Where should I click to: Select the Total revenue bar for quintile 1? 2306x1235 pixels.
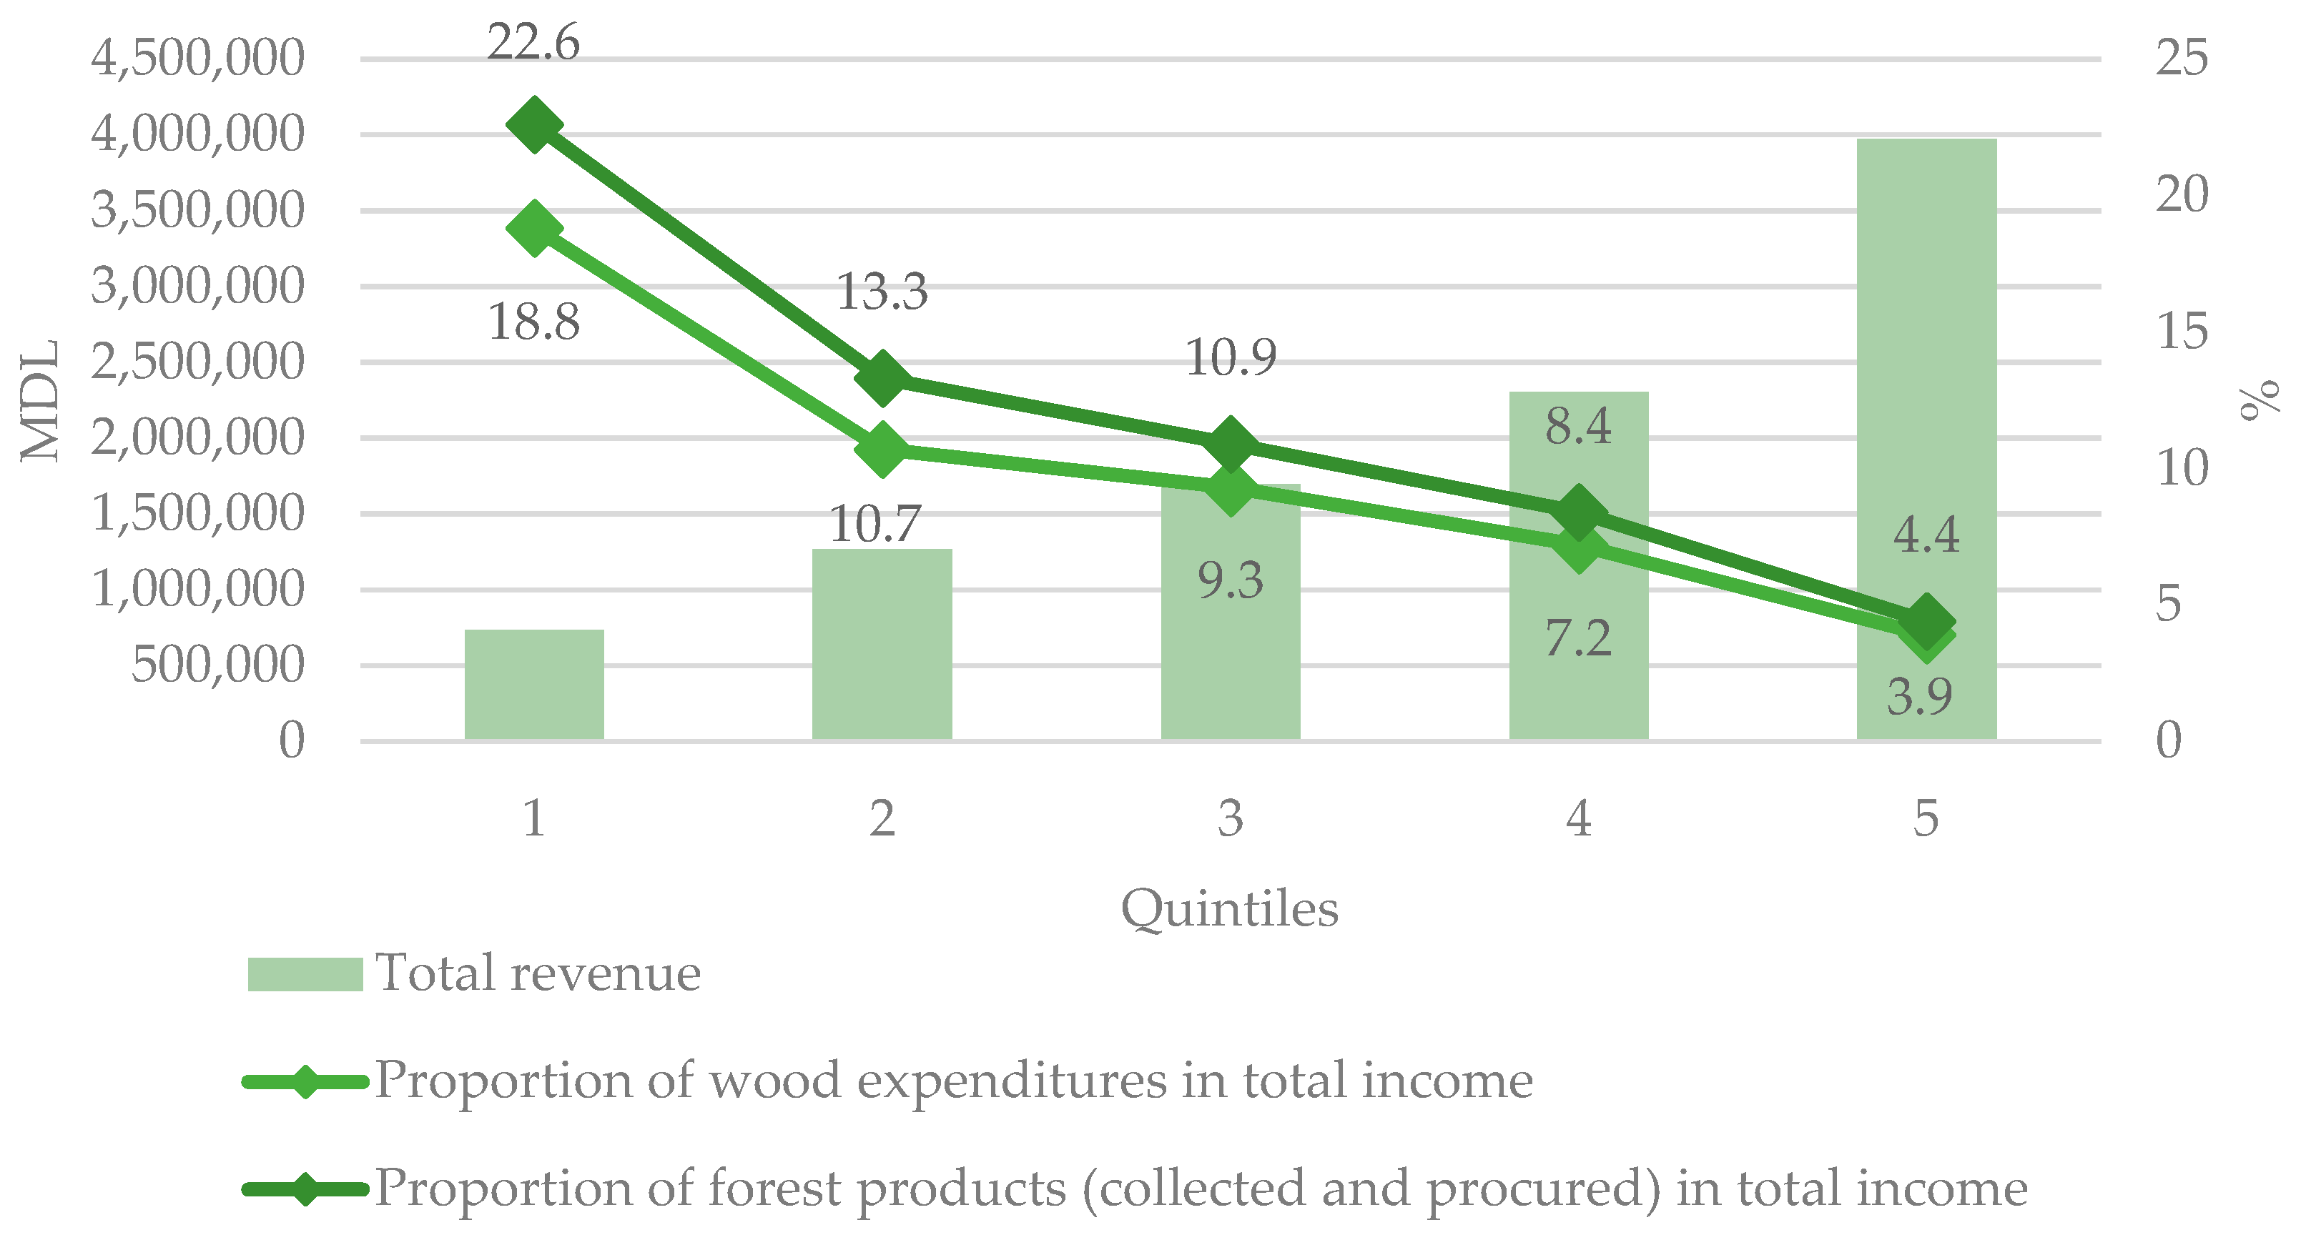(534, 685)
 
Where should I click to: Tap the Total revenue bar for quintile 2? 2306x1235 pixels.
(882, 645)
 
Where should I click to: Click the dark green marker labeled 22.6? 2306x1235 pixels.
(534, 127)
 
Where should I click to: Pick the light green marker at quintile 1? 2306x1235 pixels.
(534, 228)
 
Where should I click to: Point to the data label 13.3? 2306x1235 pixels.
(882, 291)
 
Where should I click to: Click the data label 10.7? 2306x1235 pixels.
(874, 524)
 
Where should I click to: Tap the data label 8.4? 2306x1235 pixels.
(1578, 426)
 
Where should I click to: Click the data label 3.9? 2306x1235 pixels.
(1919, 696)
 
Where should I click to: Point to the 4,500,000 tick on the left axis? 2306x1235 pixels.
(198, 59)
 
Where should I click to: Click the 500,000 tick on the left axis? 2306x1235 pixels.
(217, 665)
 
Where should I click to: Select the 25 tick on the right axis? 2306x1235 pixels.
(2181, 59)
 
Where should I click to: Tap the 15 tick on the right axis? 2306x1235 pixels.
(2181, 332)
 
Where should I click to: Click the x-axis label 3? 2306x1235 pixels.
(1230, 818)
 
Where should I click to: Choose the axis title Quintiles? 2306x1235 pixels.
(1229, 909)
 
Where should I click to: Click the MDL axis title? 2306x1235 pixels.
(39, 400)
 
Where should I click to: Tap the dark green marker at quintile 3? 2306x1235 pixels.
(1230, 444)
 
